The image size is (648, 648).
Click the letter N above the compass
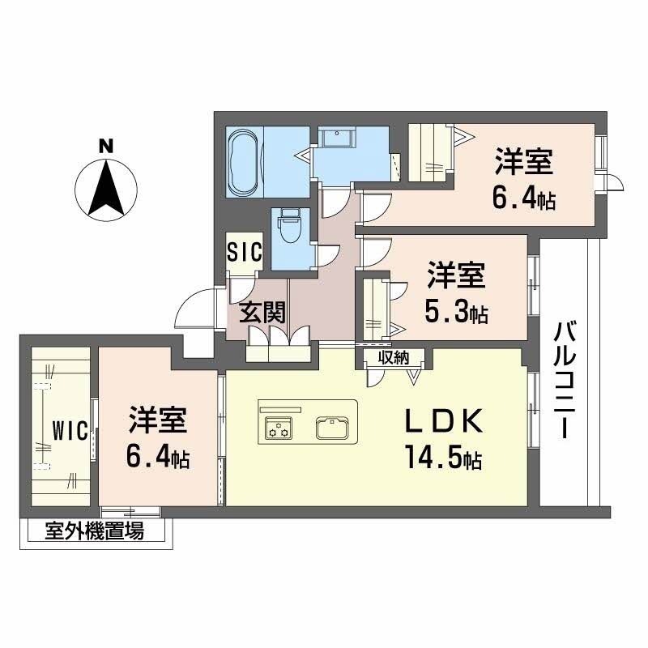tap(104, 147)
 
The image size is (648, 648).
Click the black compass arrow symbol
tap(104, 188)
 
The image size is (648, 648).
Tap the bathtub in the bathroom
tap(245, 161)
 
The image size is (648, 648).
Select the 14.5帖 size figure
tap(444, 458)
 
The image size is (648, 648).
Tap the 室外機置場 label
tap(95, 532)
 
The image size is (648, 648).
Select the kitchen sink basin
tap(333, 426)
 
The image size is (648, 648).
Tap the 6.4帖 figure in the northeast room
tap(525, 197)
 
